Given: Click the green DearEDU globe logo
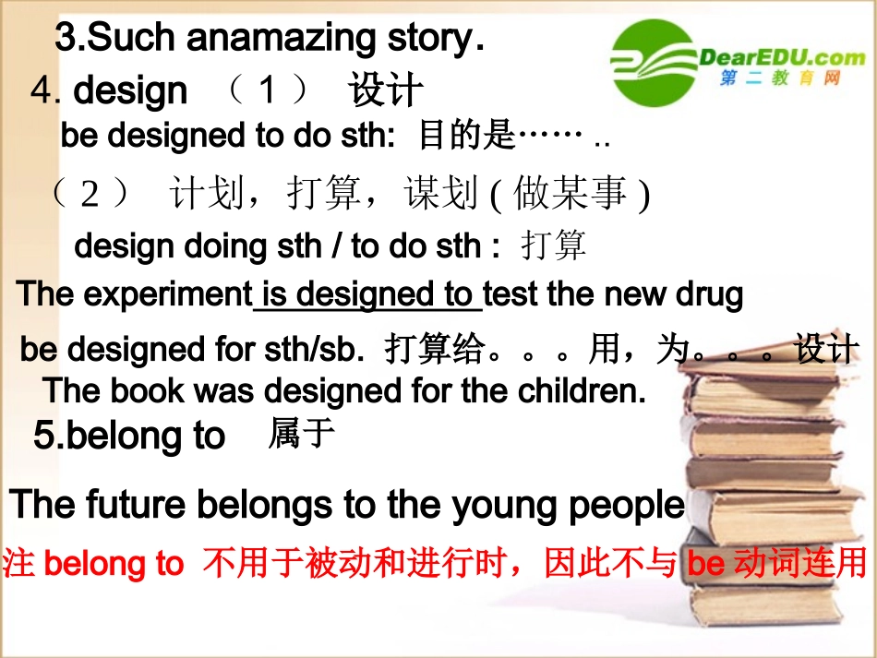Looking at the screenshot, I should pos(654,63).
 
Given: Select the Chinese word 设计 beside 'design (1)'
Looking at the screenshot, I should pos(386,91).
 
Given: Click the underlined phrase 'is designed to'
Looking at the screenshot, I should pos(367,294).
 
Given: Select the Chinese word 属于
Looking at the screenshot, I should pos(301,433).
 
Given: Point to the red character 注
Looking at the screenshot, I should pos(19,564).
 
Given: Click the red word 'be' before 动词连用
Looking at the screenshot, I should pos(706,564).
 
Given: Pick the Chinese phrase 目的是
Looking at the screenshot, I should pos(466,137).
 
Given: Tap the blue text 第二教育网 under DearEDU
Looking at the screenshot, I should pos(780,78).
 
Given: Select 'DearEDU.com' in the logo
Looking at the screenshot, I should pos(783,57).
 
